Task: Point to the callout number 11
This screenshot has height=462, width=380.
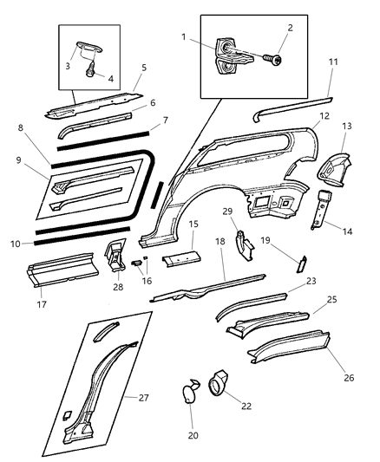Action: pyautogui.click(x=334, y=62)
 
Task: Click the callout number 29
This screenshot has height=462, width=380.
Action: pyautogui.click(x=252, y=235)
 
